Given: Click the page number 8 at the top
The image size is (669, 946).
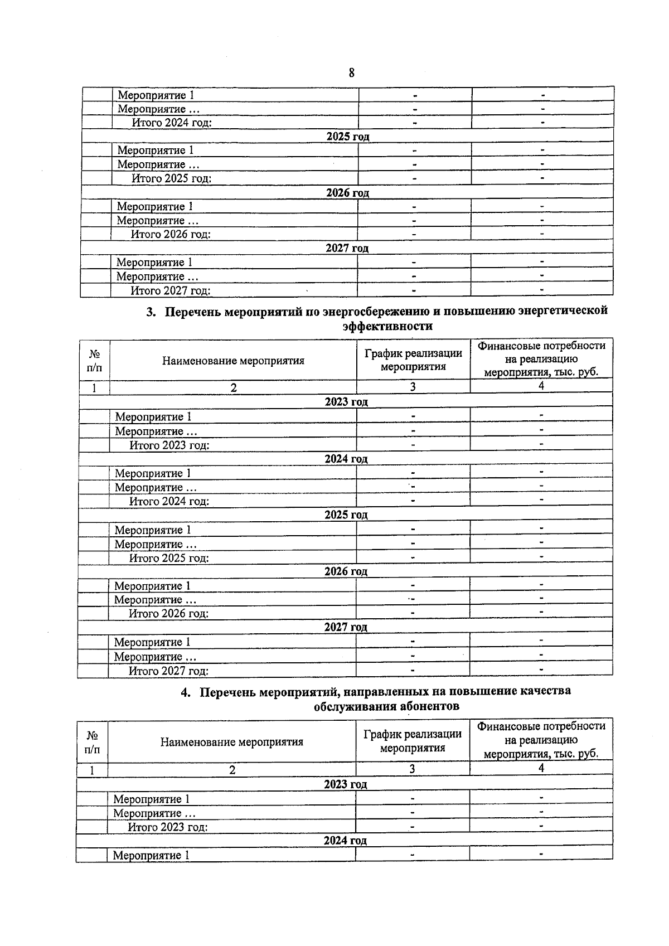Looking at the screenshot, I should pos(351,73).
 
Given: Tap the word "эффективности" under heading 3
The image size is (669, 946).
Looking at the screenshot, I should pos(387,326).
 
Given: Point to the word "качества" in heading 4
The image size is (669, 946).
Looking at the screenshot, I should pos(545,691).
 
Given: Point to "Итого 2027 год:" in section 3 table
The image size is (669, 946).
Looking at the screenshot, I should pos(168,671).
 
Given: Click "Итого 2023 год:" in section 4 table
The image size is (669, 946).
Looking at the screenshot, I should pos(168,827).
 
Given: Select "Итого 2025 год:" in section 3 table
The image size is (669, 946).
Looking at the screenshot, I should pos(169,558).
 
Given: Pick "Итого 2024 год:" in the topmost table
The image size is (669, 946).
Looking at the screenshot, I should pos(172,123).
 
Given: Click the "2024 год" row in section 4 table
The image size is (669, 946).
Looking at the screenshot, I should pos(345,841).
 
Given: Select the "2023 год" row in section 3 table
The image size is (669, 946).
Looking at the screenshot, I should pos(346,402).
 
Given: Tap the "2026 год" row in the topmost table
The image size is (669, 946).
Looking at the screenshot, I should pos(347,193).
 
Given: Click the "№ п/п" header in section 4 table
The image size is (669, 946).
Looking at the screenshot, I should pos(93,742).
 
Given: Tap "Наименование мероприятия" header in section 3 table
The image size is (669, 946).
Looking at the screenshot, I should pos(233,361).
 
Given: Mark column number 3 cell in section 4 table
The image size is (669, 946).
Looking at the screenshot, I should pos(412,769).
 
